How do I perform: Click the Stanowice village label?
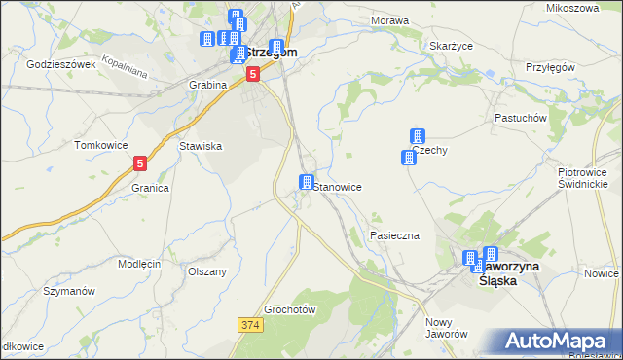tap(340, 186)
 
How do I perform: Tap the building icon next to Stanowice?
tap(306, 183)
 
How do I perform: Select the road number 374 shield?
tap(249, 323)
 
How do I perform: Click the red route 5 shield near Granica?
tap(141, 164)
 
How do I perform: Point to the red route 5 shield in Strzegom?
tap(253, 73)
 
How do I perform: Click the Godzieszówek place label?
tap(60, 64)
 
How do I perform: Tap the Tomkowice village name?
tap(101, 145)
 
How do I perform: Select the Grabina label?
tap(207, 85)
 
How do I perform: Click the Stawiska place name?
tap(202, 146)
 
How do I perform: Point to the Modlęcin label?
tap(139, 265)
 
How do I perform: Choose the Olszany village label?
tap(206, 271)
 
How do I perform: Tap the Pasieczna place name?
tap(394, 236)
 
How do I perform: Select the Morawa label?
tap(389, 20)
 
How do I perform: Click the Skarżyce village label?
tap(451, 46)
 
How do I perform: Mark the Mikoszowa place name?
tap(572, 8)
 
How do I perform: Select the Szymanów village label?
tap(61, 291)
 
